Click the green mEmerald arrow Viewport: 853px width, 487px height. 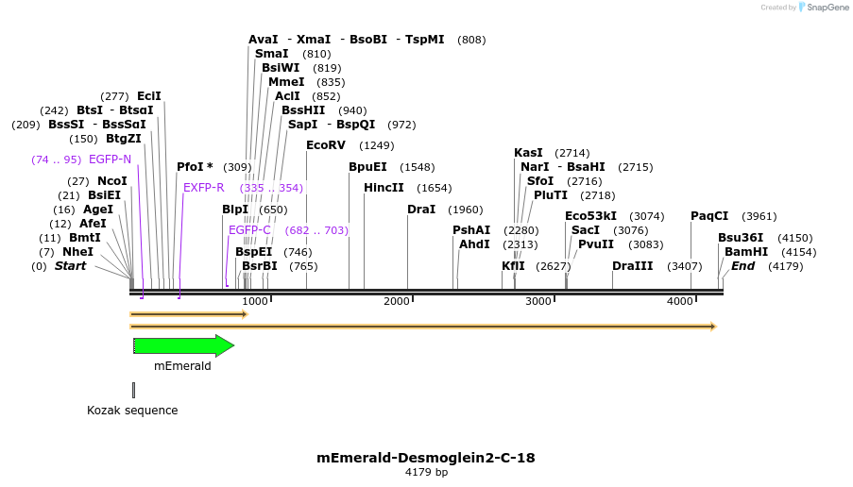(x=183, y=345)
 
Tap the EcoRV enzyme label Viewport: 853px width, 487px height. (x=326, y=145)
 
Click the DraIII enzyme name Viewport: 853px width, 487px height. (x=632, y=266)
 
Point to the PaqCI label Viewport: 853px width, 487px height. (x=709, y=216)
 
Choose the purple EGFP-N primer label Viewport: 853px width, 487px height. (x=110, y=160)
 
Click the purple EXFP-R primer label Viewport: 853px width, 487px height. (x=204, y=188)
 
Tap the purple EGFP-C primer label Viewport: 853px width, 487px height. (x=249, y=230)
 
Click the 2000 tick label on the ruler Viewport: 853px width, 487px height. (x=397, y=301)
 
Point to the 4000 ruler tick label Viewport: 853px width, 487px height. (x=680, y=301)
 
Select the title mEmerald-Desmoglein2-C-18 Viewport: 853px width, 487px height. (x=426, y=458)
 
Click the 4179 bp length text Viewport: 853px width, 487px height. (x=426, y=472)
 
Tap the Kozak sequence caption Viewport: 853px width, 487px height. (x=132, y=411)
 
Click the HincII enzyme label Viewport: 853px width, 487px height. (x=384, y=188)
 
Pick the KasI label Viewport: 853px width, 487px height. (x=528, y=153)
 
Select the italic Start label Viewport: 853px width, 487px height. (x=70, y=266)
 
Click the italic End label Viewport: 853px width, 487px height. (x=742, y=266)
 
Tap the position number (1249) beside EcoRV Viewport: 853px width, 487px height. (x=377, y=145)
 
